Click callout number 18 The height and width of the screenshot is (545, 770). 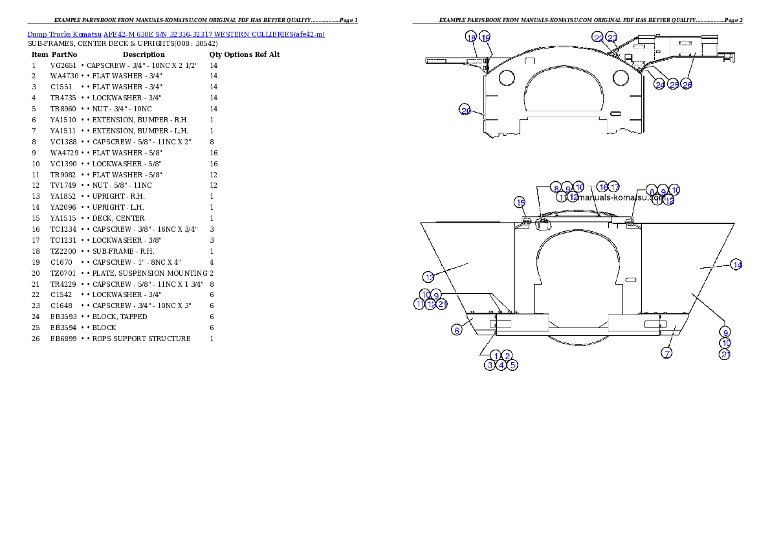[471, 38]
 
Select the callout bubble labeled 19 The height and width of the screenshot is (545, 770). [485, 38]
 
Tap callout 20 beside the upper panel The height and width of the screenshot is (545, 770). [465, 110]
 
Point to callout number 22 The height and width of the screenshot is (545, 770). [599, 38]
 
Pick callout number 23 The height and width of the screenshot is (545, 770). [611, 38]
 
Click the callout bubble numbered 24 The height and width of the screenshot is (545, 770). [660, 85]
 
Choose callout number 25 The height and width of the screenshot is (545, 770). [674, 85]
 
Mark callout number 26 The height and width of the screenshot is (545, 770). [687, 85]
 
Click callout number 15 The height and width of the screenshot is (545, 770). [520, 202]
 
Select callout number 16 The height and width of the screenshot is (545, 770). [602, 186]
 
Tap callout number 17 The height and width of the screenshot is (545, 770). [614, 186]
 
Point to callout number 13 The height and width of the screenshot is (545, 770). [430, 277]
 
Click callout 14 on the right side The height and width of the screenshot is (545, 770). [736, 264]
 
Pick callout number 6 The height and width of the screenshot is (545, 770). [457, 330]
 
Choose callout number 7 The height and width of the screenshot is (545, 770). [666, 353]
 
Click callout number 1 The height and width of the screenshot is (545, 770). [496, 355]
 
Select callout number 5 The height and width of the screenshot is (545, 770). [512, 365]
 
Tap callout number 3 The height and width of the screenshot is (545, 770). [490, 365]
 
